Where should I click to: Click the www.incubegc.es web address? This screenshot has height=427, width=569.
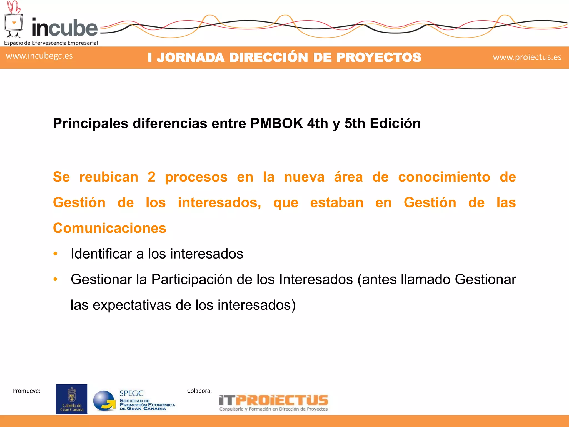tap(39, 56)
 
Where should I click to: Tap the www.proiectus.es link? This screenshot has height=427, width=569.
tap(527, 57)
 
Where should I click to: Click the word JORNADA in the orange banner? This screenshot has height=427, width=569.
tap(190, 58)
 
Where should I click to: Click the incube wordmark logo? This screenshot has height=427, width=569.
tap(64, 28)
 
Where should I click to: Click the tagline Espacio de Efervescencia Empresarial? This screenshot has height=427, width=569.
tap(51, 43)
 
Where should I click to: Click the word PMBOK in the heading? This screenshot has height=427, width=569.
tap(276, 123)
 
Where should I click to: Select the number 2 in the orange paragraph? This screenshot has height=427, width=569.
tap(151, 177)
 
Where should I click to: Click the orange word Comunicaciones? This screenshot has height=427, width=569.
tap(109, 228)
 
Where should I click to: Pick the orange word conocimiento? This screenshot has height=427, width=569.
tap(444, 177)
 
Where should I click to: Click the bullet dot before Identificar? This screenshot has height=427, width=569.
tap(55, 254)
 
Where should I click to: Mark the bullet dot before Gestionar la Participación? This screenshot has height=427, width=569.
tap(55, 279)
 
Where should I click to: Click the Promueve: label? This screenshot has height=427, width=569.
tap(26, 391)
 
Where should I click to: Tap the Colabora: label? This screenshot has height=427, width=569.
tap(199, 391)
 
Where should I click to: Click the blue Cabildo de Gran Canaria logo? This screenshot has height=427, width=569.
tap(71, 399)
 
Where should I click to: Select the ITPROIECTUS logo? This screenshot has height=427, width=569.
tap(273, 403)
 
